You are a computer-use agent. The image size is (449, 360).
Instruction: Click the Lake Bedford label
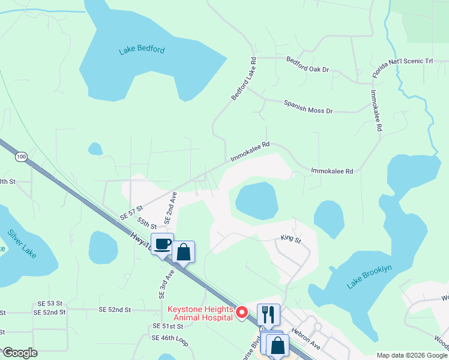click(142, 50)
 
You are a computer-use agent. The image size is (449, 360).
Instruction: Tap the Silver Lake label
click(22, 244)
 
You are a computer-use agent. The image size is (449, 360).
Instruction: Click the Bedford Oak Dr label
click(308, 65)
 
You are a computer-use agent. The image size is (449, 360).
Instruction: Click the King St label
click(290, 238)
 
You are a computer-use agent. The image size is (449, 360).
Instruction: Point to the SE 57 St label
click(131, 211)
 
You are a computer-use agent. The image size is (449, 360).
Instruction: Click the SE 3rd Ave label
click(166, 283)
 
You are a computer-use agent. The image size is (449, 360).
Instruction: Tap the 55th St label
click(146, 223)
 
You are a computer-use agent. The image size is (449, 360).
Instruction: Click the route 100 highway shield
click(22, 157)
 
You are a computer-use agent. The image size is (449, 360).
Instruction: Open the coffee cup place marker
click(163, 244)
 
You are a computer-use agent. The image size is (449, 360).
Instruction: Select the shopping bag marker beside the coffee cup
click(184, 252)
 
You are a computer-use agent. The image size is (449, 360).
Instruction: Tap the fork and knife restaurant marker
click(268, 314)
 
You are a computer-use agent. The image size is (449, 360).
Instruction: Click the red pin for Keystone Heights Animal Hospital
click(242, 312)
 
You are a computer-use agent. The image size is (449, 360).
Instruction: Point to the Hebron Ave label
click(306, 338)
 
